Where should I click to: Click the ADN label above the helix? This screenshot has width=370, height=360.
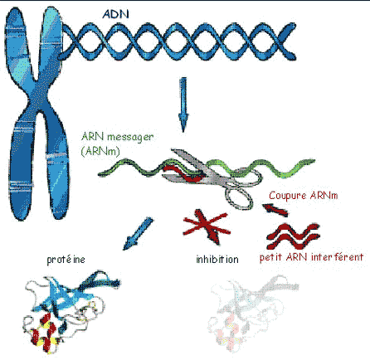click(115, 14)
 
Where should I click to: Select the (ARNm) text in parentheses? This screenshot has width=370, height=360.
click(100, 151)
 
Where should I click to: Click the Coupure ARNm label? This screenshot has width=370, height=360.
click(304, 196)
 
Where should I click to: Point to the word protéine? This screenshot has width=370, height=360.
click(66, 260)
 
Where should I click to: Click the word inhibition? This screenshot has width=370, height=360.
click(217, 260)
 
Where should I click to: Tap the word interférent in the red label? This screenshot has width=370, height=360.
click(337, 257)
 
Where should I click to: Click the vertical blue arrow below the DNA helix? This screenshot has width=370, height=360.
click(183, 105)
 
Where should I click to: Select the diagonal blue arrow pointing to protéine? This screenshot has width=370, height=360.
click(138, 233)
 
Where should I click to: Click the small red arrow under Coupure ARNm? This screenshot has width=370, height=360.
click(275, 210)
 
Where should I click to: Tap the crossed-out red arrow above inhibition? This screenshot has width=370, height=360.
click(207, 226)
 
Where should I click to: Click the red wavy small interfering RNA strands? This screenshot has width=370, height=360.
click(293, 236)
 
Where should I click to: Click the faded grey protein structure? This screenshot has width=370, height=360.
click(251, 313)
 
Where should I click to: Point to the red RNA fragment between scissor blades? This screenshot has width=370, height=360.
click(184, 173)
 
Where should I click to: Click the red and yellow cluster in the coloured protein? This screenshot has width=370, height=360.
click(46, 333)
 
